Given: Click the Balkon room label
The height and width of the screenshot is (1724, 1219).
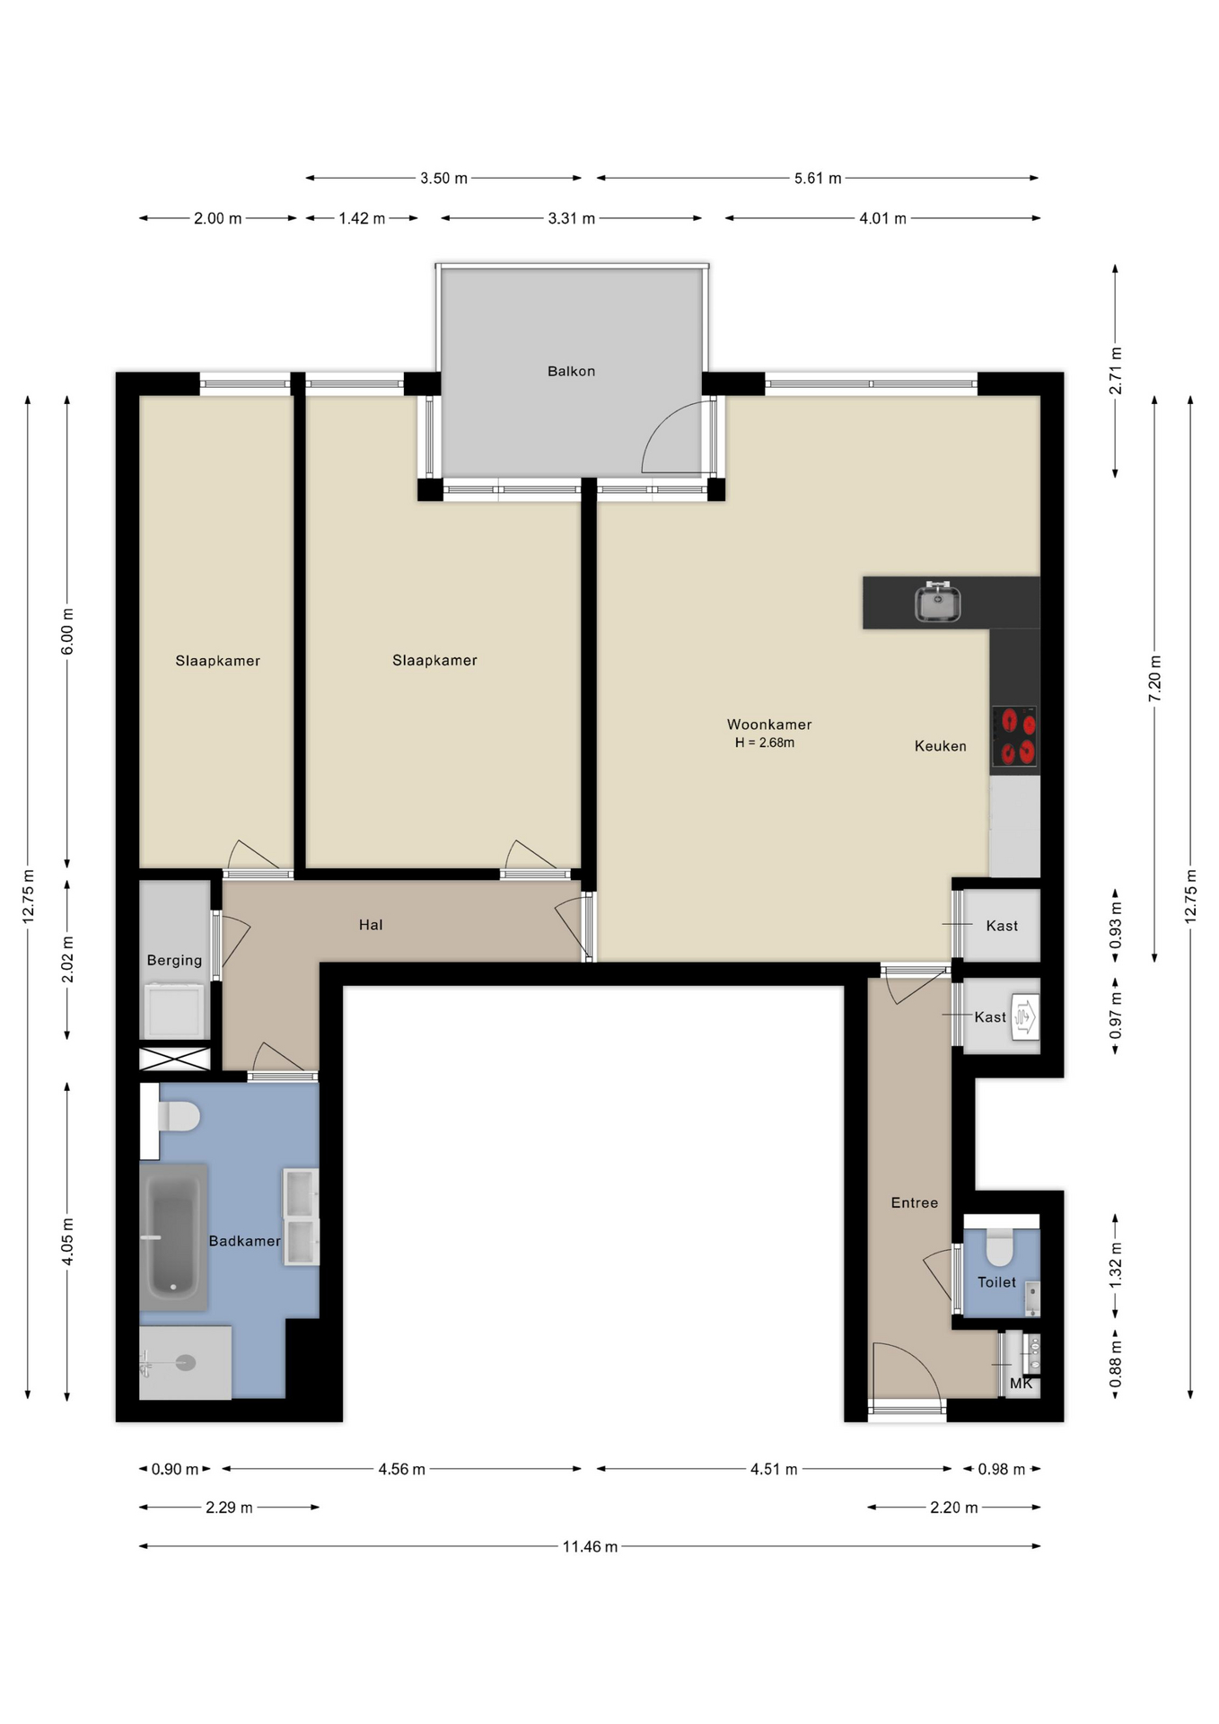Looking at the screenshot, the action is click(x=571, y=371).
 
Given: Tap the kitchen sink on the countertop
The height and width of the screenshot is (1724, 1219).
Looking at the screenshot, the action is click(x=937, y=602).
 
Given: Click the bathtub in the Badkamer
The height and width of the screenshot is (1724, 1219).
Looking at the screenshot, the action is click(x=173, y=1236).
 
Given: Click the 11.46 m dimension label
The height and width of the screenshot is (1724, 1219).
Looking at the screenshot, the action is click(x=590, y=1546).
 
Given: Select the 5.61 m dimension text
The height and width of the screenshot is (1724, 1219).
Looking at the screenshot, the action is click(x=818, y=178).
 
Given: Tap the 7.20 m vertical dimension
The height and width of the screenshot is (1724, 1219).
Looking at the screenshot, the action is click(x=1154, y=678).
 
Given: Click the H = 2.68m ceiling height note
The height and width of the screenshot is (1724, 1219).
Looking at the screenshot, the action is click(x=765, y=743).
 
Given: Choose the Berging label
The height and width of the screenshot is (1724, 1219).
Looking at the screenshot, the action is click(x=174, y=960).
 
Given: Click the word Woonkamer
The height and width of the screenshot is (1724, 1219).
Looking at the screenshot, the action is click(x=769, y=725).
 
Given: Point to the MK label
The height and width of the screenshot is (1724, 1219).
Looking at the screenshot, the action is click(x=1021, y=1384).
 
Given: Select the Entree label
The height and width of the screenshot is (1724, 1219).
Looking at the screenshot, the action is click(x=914, y=1202).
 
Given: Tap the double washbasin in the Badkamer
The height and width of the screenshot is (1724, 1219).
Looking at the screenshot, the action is click(x=301, y=1217).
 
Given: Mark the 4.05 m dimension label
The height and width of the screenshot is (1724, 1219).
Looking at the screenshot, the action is click(x=67, y=1242).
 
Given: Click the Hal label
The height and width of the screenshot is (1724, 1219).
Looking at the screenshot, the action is click(x=371, y=925).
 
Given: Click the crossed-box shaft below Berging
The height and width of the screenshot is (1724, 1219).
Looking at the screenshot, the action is click(x=175, y=1059).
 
